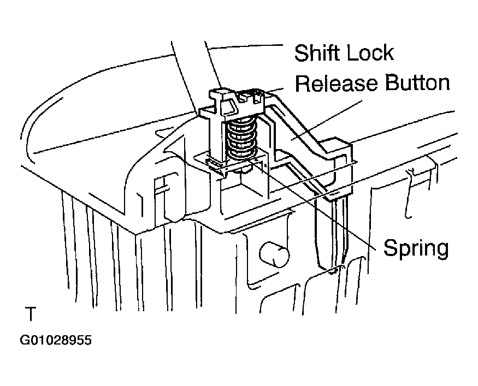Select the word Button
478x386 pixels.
(417, 83)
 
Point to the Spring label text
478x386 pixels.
(416, 248)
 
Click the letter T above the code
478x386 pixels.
(31, 314)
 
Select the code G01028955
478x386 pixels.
(56, 340)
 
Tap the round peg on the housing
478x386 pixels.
(274, 254)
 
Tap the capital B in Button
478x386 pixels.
(392, 83)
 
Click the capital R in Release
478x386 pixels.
(303, 83)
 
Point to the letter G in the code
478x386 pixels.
(25, 340)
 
